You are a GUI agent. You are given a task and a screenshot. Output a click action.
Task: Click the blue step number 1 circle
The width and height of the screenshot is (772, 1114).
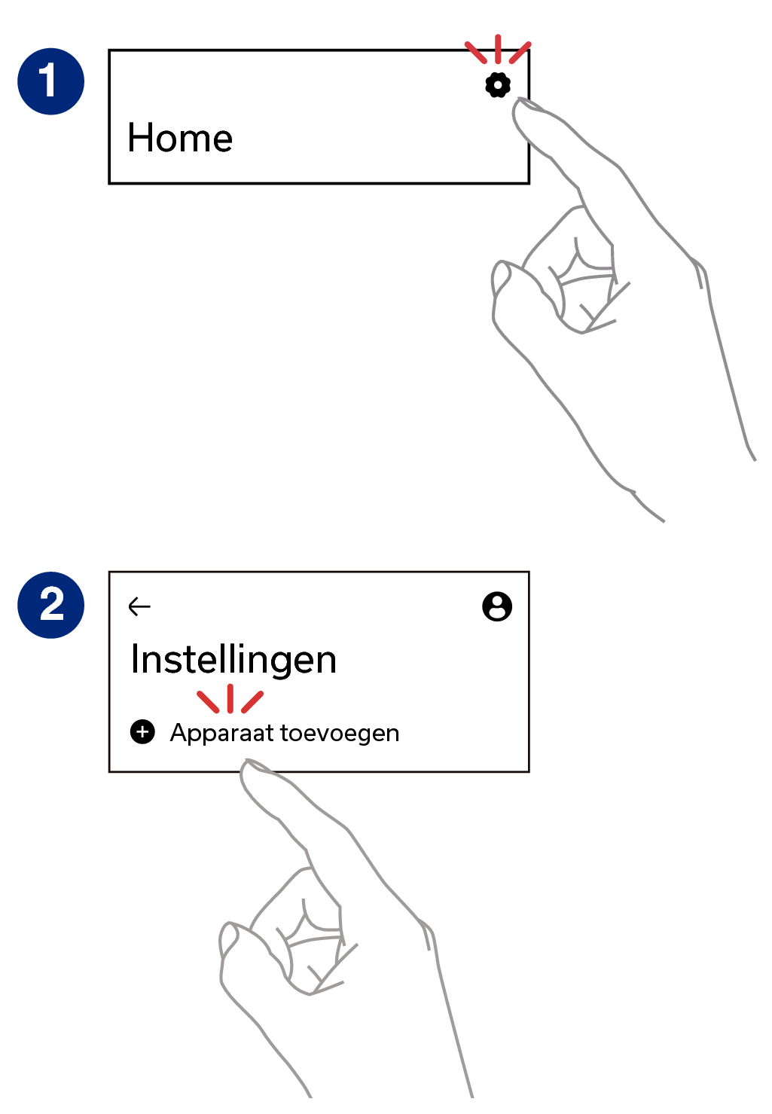(50, 81)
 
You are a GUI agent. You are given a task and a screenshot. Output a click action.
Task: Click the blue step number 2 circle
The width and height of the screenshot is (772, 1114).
(50, 605)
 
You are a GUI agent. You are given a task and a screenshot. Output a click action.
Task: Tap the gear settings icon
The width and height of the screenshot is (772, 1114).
(497, 85)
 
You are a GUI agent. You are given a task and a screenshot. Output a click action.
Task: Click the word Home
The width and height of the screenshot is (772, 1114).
(179, 138)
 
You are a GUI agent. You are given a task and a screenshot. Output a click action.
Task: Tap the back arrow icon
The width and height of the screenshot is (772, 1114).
(139, 606)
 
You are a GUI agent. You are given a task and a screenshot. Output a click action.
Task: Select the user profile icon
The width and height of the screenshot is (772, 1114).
(497, 606)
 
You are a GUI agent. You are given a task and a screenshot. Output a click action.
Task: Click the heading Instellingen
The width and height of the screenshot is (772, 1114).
(233, 661)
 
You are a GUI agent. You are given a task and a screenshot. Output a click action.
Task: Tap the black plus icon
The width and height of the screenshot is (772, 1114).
(142, 731)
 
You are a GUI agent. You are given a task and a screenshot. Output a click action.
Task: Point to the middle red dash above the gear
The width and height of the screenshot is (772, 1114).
(498, 49)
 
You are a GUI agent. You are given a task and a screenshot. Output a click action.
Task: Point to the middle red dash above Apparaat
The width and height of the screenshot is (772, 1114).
(230, 698)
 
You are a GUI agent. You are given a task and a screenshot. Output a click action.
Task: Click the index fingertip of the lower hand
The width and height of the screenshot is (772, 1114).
(246, 765)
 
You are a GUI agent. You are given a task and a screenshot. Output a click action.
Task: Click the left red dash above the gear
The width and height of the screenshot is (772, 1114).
(475, 53)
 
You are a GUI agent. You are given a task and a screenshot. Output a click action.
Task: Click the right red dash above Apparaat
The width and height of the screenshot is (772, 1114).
(252, 702)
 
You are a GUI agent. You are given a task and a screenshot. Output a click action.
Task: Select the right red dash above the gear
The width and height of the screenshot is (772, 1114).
(520, 53)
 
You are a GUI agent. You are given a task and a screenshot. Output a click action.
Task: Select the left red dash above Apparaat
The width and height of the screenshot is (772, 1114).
(208, 702)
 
